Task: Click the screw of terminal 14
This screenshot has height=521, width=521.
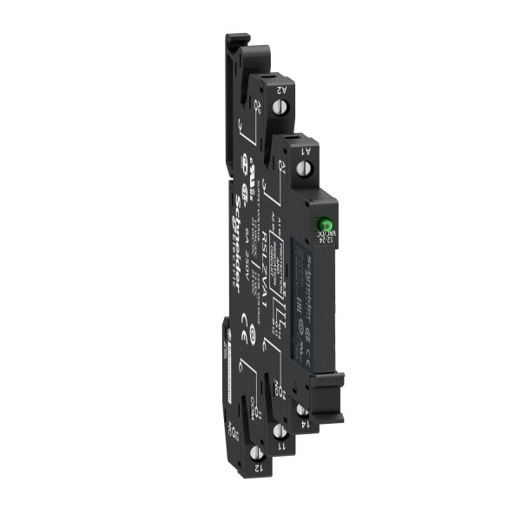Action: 300,408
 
